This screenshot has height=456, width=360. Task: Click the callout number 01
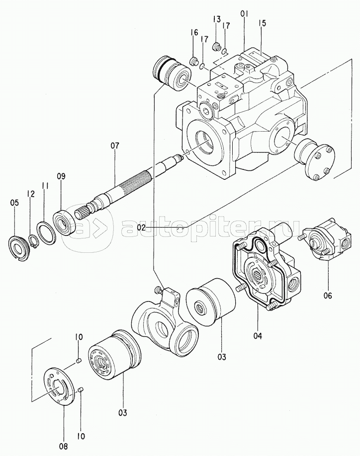tap(245, 15)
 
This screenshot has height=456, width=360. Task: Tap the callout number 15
tap(263, 23)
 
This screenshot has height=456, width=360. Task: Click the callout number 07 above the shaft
tap(115, 146)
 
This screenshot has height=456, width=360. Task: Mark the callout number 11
tap(45, 186)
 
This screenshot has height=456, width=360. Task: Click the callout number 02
tap(141, 228)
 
